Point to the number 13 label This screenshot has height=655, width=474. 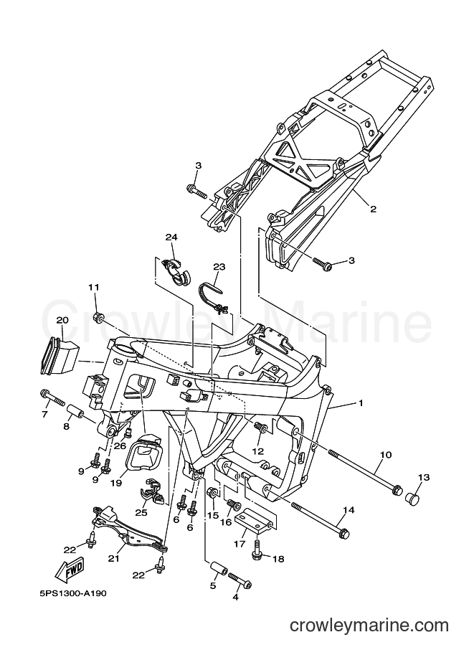pos(424,477)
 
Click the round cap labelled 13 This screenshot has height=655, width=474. pos(413,497)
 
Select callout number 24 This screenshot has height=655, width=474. pos(171,237)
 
